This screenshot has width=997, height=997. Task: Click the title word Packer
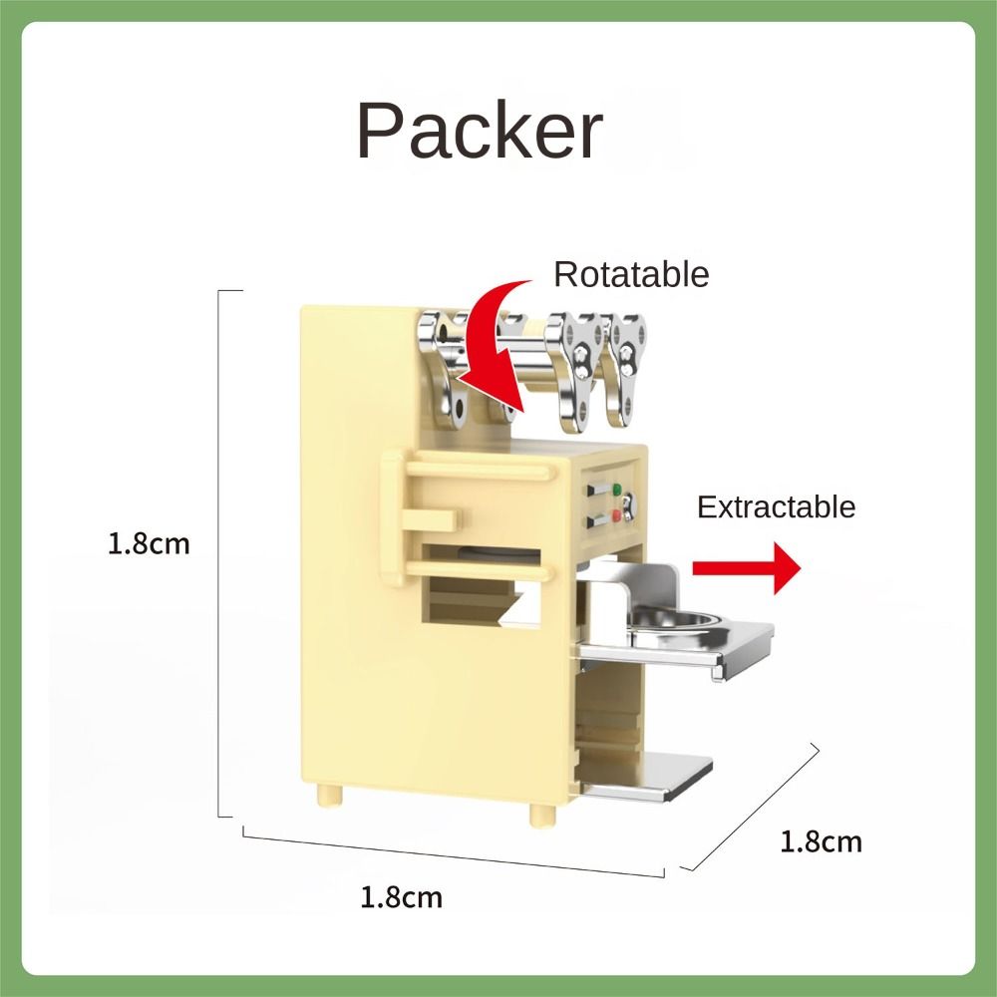480,131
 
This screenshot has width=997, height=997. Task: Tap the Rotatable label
631,275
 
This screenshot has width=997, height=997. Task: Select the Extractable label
776,507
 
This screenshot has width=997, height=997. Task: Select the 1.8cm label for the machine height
149,544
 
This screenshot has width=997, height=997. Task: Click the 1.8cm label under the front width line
401,898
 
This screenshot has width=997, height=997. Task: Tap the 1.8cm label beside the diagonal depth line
821,841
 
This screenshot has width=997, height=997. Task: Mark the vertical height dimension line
218,553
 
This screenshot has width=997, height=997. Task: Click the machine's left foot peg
329,795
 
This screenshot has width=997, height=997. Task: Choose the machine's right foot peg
541,816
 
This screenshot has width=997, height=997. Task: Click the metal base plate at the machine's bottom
649,777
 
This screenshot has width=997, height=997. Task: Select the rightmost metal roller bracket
626,369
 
